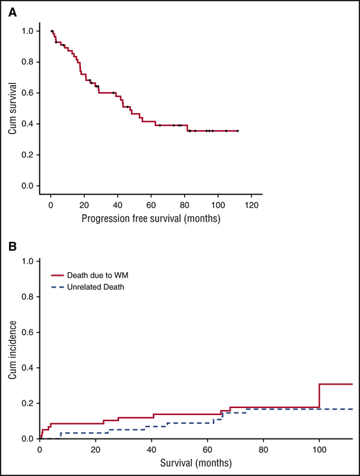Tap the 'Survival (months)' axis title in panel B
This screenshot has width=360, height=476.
196,461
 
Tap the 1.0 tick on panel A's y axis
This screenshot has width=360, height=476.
26,31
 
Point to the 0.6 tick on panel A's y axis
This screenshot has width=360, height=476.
26,93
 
